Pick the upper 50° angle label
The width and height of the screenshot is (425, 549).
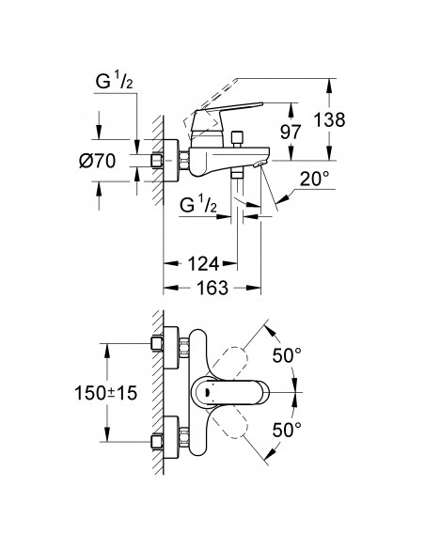286,356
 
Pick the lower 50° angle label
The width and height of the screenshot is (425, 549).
286,429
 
